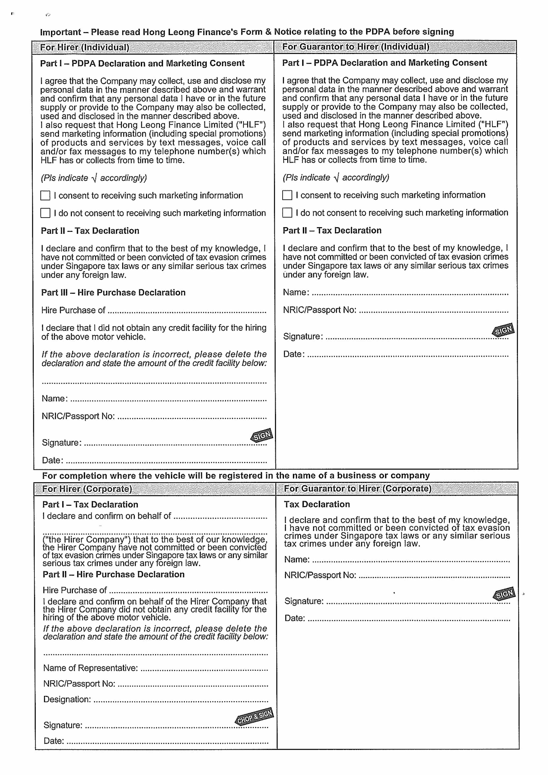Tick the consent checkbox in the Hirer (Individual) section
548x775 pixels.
point(45,195)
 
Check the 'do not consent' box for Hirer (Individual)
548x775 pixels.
point(45,213)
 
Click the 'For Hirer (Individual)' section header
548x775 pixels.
point(84,47)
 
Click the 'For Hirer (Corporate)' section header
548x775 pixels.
point(87,489)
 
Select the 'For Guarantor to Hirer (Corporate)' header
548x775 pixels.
point(358,488)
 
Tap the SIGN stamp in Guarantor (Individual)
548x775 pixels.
point(504,330)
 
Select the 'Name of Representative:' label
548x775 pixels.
point(90,668)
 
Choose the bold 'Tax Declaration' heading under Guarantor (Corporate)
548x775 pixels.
point(317,504)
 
